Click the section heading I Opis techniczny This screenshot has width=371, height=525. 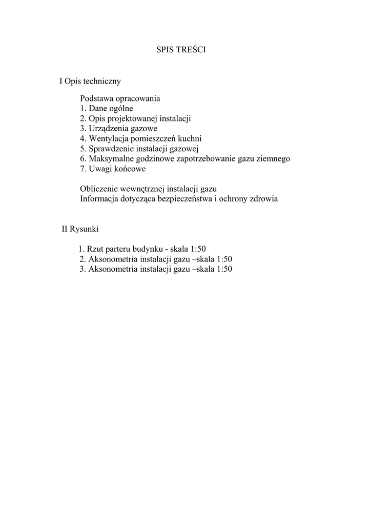point(90,81)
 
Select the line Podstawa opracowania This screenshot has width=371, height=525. point(120,98)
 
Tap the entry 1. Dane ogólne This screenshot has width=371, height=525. point(107,108)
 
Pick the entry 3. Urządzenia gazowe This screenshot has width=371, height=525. point(118,129)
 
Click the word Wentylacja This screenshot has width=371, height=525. point(109,138)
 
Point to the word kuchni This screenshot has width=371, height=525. point(189,138)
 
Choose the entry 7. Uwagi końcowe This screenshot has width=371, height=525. point(113,169)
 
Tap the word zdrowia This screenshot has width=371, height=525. point(264,199)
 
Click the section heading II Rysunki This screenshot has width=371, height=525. point(80,229)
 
